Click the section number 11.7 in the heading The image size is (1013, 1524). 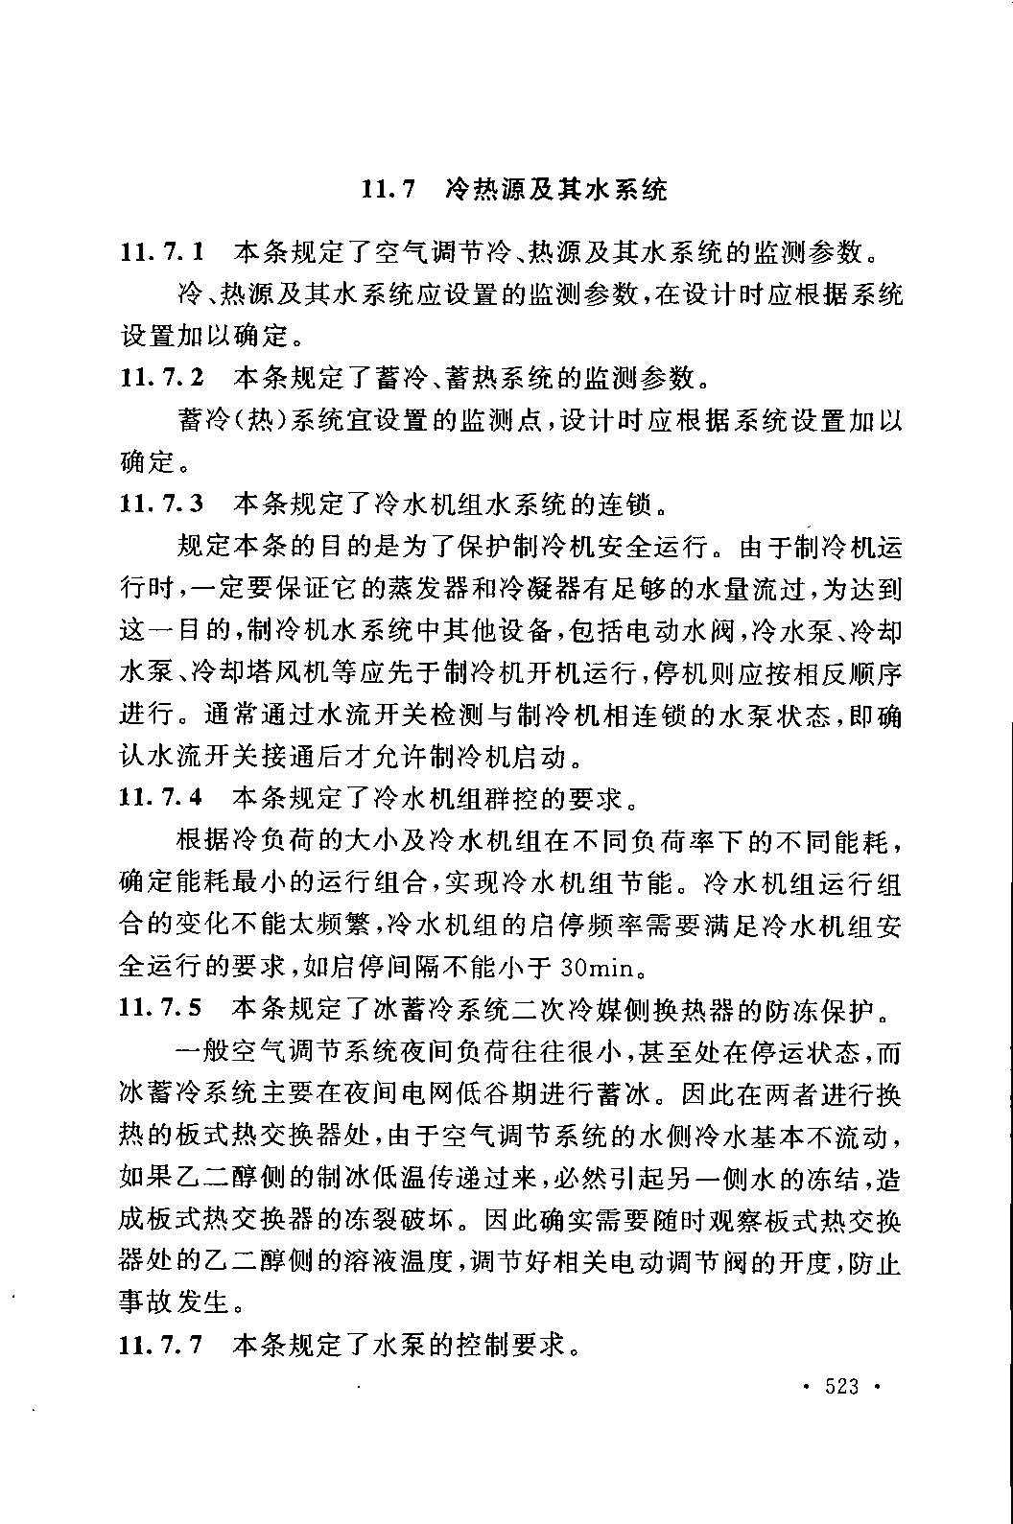tap(388, 189)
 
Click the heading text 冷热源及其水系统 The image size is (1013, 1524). tap(556, 189)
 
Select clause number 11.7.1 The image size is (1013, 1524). tap(161, 253)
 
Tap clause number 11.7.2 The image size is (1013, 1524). tap(161, 378)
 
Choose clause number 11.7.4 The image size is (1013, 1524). tap(161, 797)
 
